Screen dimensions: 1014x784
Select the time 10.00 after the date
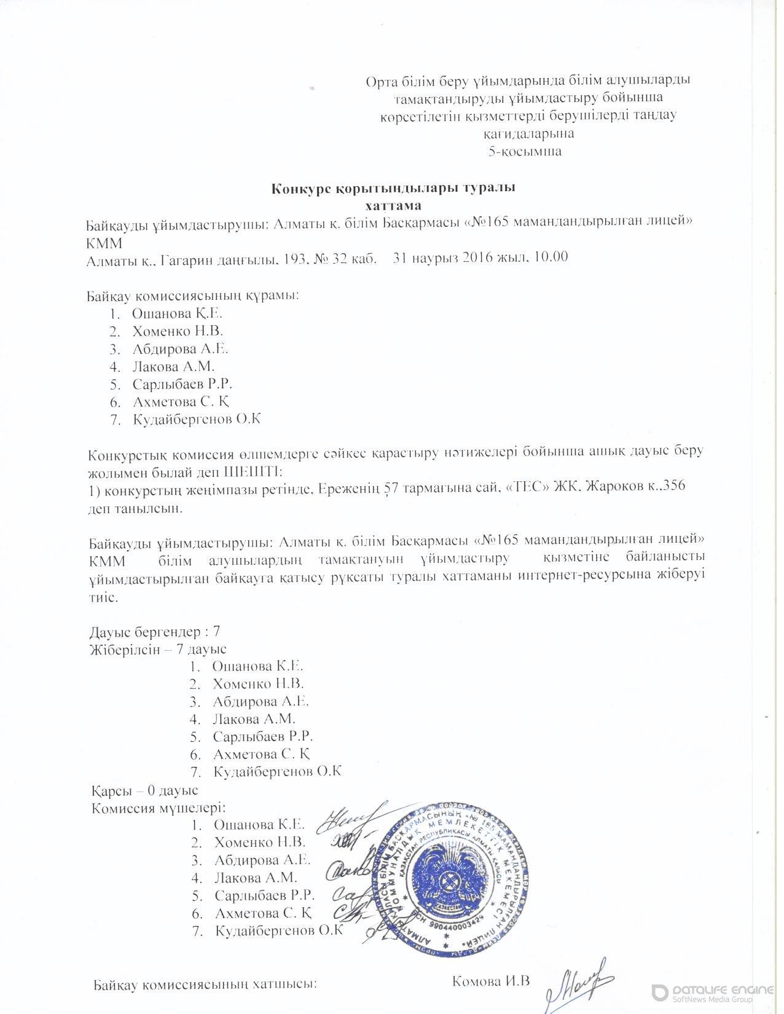point(552,257)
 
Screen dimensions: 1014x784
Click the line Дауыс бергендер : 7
point(155,632)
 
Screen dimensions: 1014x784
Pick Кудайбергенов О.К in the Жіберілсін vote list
point(276,772)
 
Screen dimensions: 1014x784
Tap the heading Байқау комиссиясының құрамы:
point(192,296)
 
